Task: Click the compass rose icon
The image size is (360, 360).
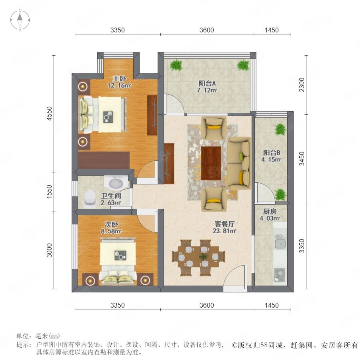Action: click(x=20, y=20)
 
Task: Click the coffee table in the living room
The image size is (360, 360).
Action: click(x=211, y=163)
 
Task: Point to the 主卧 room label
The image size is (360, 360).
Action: click(x=119, y=78)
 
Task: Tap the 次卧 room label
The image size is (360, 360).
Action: click(x=111, y=224)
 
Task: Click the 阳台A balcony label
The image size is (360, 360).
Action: click(x=207, y=83)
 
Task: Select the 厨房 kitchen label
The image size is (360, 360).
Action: click(x=270, y=211)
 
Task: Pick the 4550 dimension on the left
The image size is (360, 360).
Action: click(x=49, y=114)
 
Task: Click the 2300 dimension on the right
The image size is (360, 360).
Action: click(x=302, y=85)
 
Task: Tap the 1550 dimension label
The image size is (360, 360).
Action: click(x=49, y=192)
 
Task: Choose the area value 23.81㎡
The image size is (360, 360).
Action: click(x=224, y=231)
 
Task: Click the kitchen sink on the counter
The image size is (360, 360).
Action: click(x=280, y=242)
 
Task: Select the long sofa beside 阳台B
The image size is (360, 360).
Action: click(x=240, y=163)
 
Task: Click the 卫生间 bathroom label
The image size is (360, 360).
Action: click(x=111, y=196)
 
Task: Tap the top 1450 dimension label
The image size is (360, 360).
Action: click(x=271, y=30)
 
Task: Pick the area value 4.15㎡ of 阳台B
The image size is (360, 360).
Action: click(x=271, y=159)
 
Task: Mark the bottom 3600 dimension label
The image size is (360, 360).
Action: click(x=207, y=305)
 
